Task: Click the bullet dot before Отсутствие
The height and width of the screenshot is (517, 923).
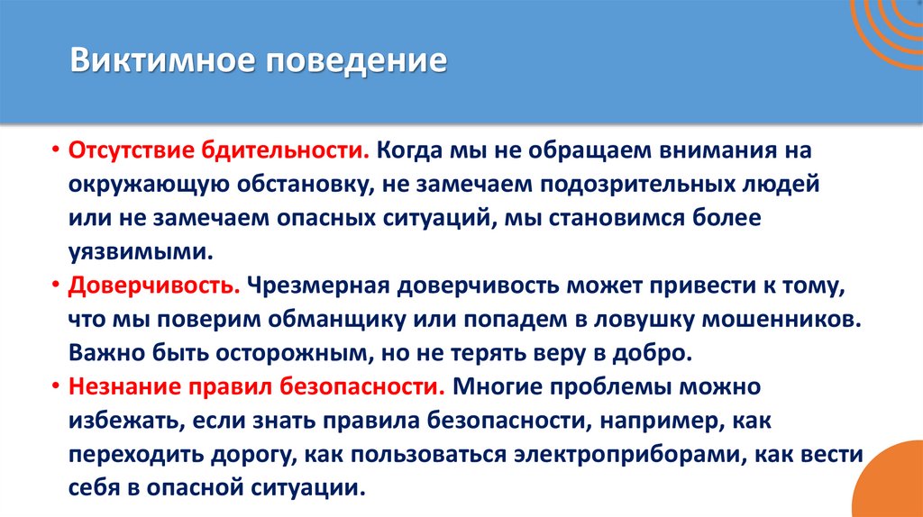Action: click(55, 150)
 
